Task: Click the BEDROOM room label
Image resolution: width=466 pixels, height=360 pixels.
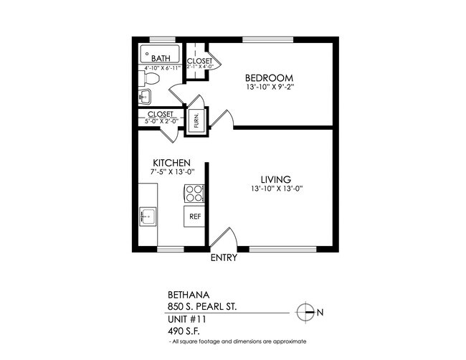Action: pyautogui.click(x=270, y=78)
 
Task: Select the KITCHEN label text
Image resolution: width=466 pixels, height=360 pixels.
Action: pyautogui.click(x=171, y=163)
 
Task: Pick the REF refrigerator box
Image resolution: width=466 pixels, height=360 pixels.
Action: pyautogui.click(x=194, y=215)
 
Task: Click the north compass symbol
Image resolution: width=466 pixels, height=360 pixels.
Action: pyautogui.click(x=306, y=312)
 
